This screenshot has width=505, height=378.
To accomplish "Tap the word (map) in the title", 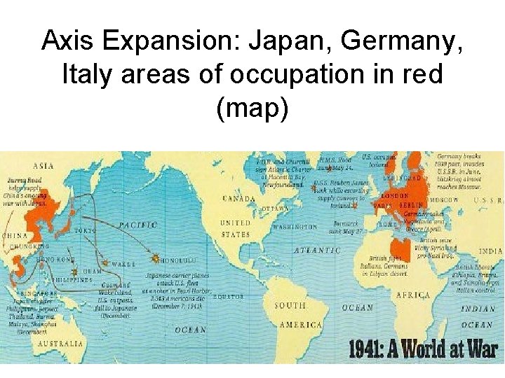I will click(x=252, y=107).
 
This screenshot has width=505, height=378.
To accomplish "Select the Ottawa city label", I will click(x=275, y=209).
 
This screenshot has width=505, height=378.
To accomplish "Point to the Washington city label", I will click(x=295, y=227).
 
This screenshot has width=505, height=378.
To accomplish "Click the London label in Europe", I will click(x=393, y=197).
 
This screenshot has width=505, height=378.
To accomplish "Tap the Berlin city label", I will click(x=412, y=206).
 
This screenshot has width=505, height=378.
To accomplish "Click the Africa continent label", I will click(x=413, y=295).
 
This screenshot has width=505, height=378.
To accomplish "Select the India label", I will click(x=491, y=251).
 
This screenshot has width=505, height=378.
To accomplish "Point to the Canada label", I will click(x=239, y=199).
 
